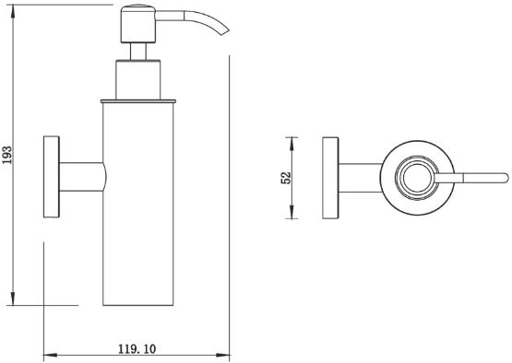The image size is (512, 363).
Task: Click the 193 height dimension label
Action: click(x=7, y=155)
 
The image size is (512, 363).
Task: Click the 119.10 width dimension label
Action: click(x=137, y=349)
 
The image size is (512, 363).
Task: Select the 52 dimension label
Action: click(x=286, y=178)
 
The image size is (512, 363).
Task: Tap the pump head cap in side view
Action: click(x=138, y=24)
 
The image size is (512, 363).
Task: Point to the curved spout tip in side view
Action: click(x=225, y=31)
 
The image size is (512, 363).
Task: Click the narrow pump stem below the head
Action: click(x=138, y=52)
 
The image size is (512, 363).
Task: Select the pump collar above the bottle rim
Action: click(x=138, y=79)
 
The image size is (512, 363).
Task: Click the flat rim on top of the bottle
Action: click(x=138, y=101)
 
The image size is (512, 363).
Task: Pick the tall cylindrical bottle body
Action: click(x=138, y=205)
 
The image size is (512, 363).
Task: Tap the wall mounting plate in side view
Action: click(x=52, y=177)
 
